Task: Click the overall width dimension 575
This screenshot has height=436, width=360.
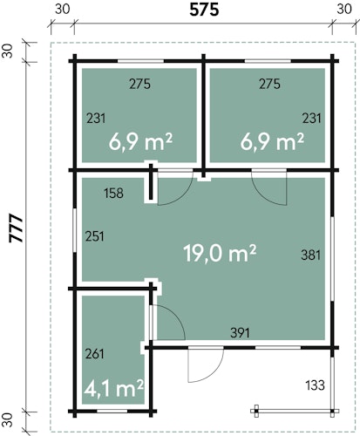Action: [x=204, y=10]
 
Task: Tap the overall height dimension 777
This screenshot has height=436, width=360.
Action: [x=17, y=228]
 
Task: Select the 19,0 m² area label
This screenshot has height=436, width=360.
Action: [x=220, y=253]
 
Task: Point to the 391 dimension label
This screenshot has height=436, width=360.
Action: [x=240, y=333]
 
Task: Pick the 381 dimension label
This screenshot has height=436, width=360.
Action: [x=311, y=255]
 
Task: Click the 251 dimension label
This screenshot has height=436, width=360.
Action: [x=94, y=236]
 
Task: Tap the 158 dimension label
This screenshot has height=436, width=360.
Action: [x=113, y=193]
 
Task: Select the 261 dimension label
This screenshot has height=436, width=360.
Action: [x=94, y=354]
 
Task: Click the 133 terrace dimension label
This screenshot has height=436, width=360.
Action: [x=315, y=385]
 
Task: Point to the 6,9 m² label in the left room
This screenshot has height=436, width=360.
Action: [x=140, y=141]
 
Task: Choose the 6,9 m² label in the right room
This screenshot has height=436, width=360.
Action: [x=272, y=141]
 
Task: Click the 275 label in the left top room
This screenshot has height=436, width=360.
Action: [x=140, y=84]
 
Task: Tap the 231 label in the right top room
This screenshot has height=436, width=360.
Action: [x=312, y=119]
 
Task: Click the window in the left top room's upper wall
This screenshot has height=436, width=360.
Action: [x=140, y=61]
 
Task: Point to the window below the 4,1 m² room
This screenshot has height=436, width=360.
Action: [x=112, y=411]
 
